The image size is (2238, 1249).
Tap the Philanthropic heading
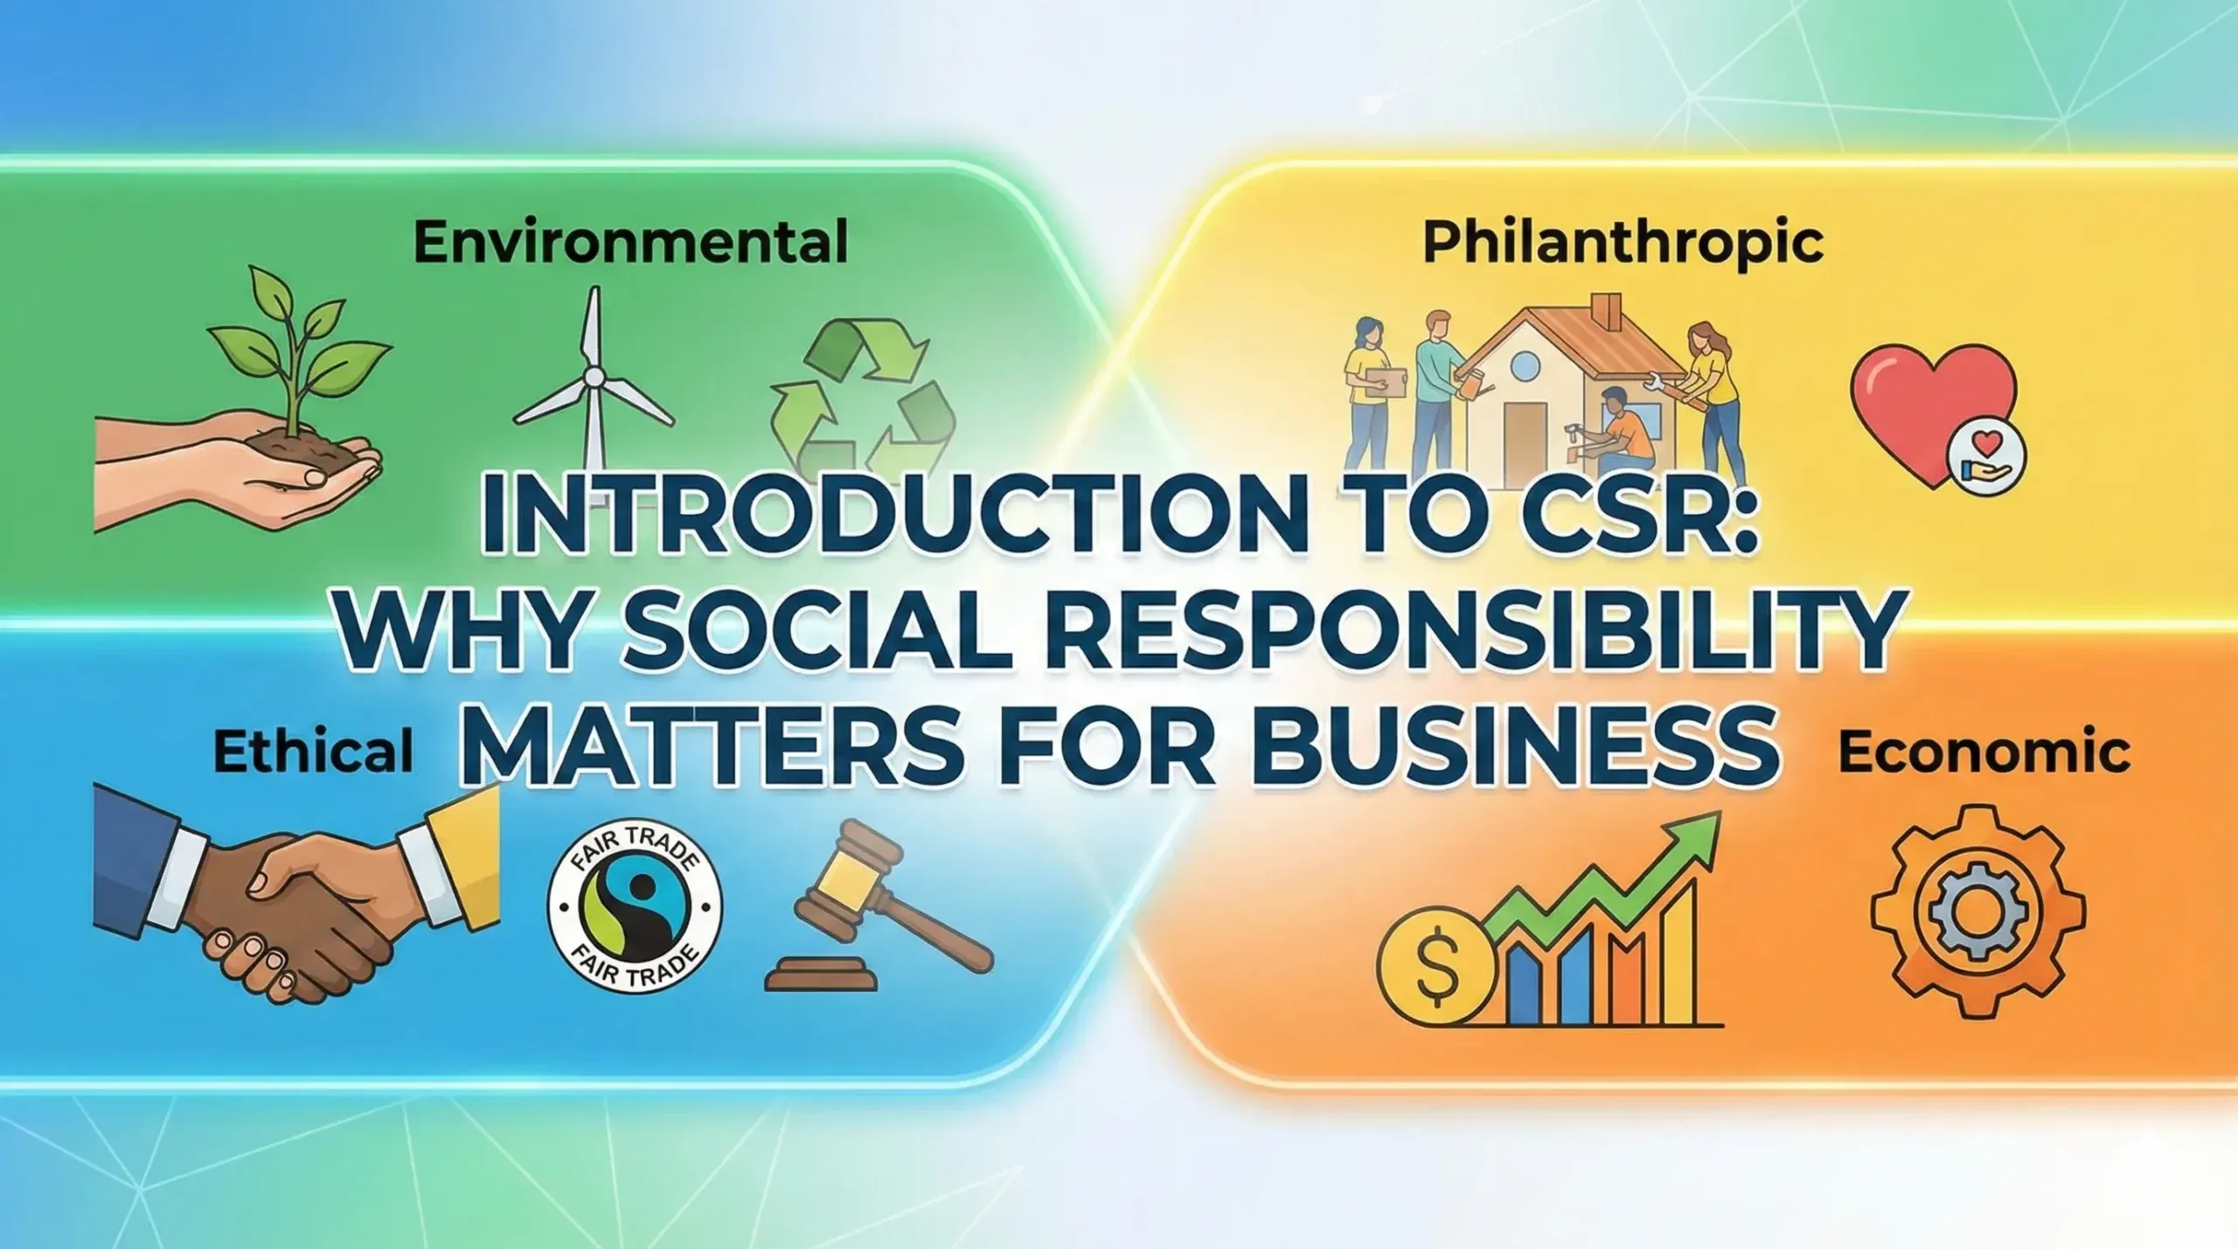tap(1623, 243)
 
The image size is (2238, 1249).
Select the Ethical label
tap(312, 751)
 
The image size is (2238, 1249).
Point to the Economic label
tap(1984, 751)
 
